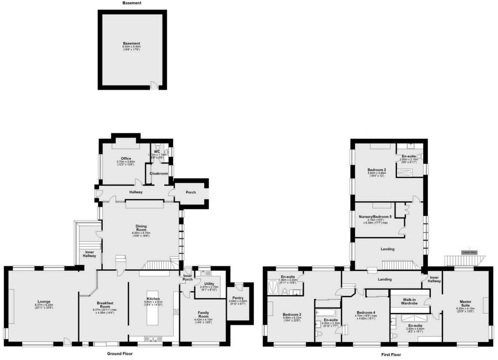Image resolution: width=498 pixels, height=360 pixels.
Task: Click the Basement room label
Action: pos(131,44)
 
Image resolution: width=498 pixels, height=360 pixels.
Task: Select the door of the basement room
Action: pos(154,86)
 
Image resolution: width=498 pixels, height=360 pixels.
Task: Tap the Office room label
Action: pos(126,158)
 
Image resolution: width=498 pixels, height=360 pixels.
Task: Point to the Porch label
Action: pos(190,192)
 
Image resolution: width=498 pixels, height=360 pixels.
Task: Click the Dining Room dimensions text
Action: pos(141,234)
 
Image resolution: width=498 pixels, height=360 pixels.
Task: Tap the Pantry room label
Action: pos(238,298)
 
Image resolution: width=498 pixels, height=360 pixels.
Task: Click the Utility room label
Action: pos(209,284)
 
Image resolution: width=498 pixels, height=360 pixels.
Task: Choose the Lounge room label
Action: pos(44,302)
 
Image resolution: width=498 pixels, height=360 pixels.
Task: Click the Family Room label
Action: pos(203,314)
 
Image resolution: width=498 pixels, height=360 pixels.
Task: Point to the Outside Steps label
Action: pos(469,252)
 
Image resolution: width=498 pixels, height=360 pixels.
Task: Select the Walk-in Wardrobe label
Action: pos(409,301)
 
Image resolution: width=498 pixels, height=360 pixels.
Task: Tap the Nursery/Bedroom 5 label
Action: pos(375,217)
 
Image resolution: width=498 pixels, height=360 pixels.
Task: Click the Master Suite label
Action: pos(465,303)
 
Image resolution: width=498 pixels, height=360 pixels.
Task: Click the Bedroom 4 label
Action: pos(366,313)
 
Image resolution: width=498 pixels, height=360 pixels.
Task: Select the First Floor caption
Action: pos(391,355)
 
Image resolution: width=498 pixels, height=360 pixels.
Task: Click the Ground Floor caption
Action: pos(120,354)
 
